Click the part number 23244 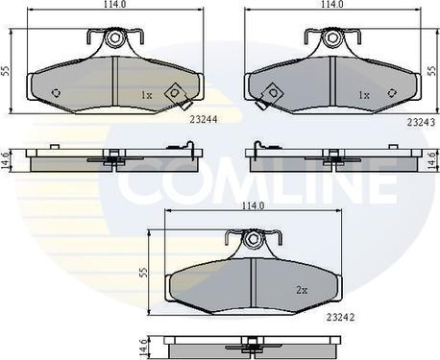click(x=204, y=119)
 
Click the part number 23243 click(x=421, y=122)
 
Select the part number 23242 click(x=340, y=317)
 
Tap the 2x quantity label click(x=302, y=290)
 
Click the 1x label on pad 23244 click(x=147, y=95)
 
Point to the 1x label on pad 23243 click(x=364, y=95)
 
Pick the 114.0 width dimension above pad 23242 click(x=253, y=206)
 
